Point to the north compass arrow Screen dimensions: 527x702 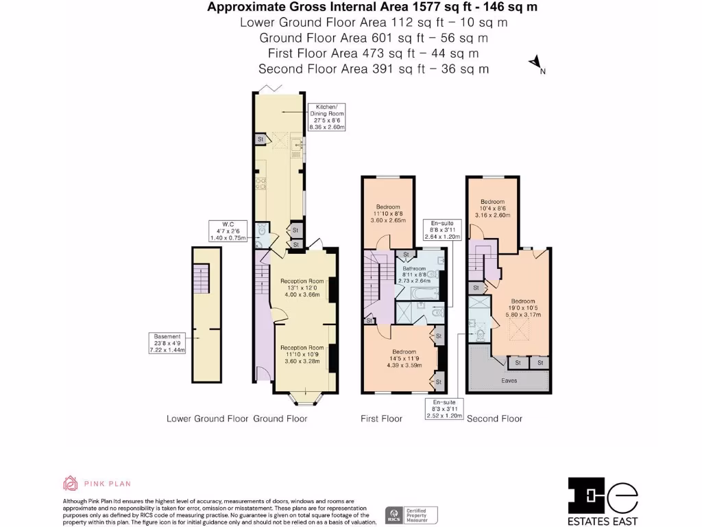tap(535, 65)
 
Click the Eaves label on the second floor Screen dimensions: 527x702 tap(509, 380)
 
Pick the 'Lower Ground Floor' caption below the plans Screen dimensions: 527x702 tap(208, 419)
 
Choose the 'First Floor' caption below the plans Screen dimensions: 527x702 tap(381, 419)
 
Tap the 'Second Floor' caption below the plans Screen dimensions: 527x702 tap(494, 419)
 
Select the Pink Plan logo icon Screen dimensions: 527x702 tap(71, 484)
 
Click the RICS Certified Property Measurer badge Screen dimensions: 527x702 tap(411, 515)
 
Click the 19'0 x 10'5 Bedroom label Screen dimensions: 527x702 tap(522, 307)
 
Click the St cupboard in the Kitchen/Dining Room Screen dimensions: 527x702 tap(260, 139)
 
